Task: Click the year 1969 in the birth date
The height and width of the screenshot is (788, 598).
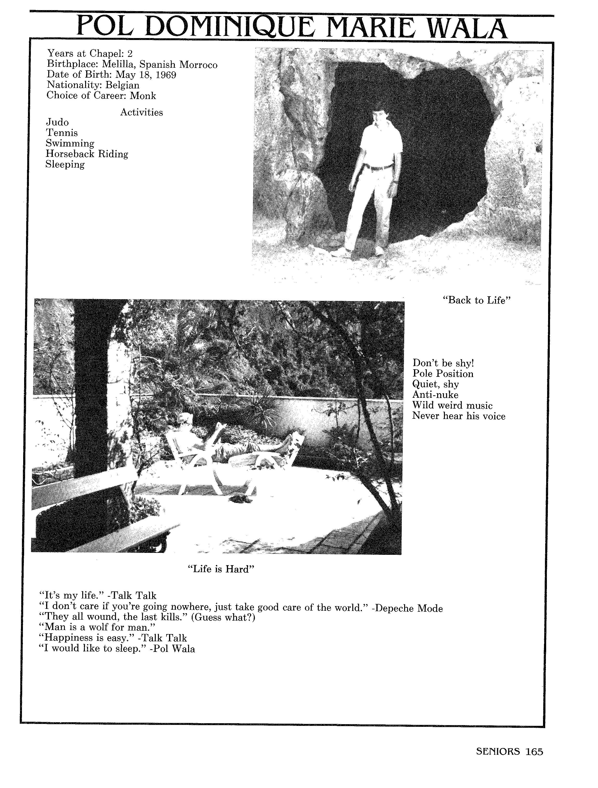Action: click(166, 75)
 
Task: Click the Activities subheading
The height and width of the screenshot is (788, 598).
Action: click(141, 112)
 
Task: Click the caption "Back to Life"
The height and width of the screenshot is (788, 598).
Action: click(476, 300)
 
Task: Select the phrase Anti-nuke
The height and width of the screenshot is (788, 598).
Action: click(435, 395)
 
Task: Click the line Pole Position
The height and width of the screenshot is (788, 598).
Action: click(443, 374)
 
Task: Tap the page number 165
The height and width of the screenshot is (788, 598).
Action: click(534, 752)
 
